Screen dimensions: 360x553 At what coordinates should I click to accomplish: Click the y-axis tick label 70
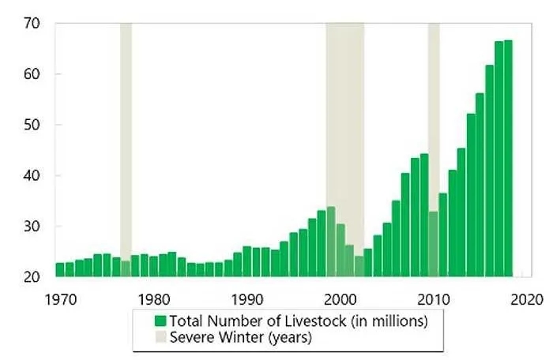click(31, 23)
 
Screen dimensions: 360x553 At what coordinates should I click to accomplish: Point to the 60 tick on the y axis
click(31, 74)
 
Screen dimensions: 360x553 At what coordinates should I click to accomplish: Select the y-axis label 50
click(31, 125)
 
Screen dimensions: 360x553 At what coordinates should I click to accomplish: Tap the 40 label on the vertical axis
click(31, 175)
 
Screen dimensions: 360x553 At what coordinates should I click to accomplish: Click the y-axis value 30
click(31, 227)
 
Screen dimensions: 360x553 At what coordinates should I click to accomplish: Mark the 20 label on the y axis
click(31, 277)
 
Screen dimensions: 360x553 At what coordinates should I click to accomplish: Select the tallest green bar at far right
click(508, 158)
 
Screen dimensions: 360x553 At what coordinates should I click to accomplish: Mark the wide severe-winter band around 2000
click(344, 118)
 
